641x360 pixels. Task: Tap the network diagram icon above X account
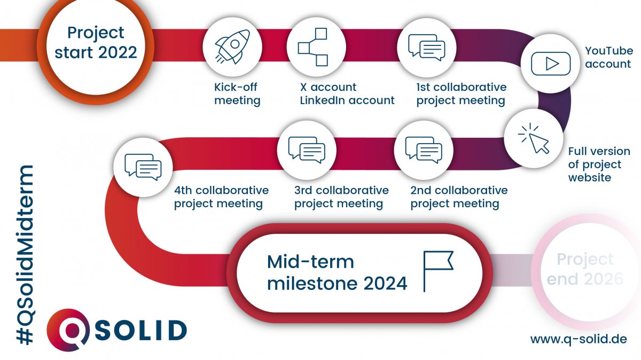(x=313, y=47)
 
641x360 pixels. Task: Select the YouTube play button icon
(x=545, y=64)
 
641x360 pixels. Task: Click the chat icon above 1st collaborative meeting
(x=426, y=47)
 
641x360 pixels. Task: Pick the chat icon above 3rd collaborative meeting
(x=307, y=148)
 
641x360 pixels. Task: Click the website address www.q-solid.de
(x=579, y=339)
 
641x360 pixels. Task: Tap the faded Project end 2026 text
(x=584, y=269)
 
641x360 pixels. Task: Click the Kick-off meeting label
(x=237, y=93)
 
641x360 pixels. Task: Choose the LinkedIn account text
(x=347, y=100)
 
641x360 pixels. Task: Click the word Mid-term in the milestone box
(x=310, y=262)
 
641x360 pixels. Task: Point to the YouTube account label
(x=609, y=58)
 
